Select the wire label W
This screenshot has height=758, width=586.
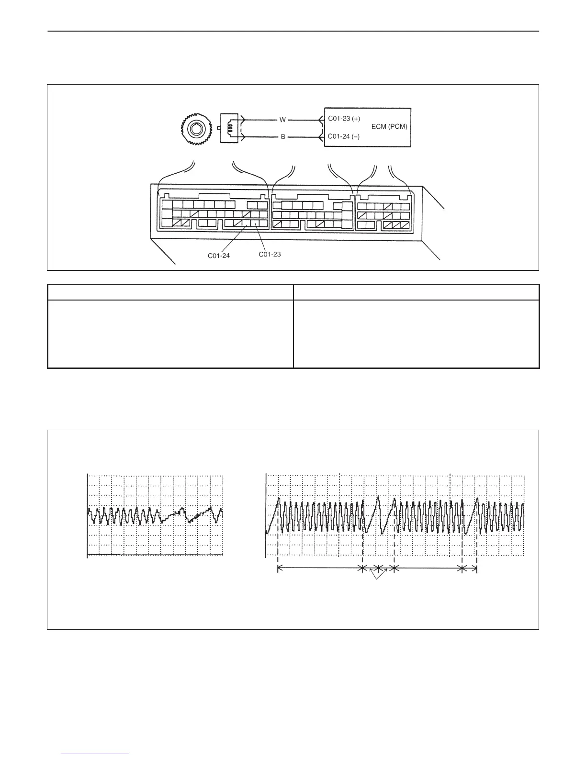(x=282, y=120)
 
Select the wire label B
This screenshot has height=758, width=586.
(x=283, y=137)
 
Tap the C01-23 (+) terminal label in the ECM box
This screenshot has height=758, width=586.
(x=344, y=118)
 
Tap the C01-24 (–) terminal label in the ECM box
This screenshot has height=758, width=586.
(x=344, y=136)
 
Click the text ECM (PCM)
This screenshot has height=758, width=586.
(x=389, y=127)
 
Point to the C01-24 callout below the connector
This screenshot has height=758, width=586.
(x=219, y=256)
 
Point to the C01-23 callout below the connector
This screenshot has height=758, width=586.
(x=270, y=254)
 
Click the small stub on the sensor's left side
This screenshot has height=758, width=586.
(x=218, y=128)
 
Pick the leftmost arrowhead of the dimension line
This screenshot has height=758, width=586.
(x=280, y=568)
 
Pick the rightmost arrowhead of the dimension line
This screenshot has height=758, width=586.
(x=476, y=568)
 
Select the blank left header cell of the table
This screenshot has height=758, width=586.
(x=170, y=292)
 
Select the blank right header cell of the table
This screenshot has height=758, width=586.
(x=416, y=292)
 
